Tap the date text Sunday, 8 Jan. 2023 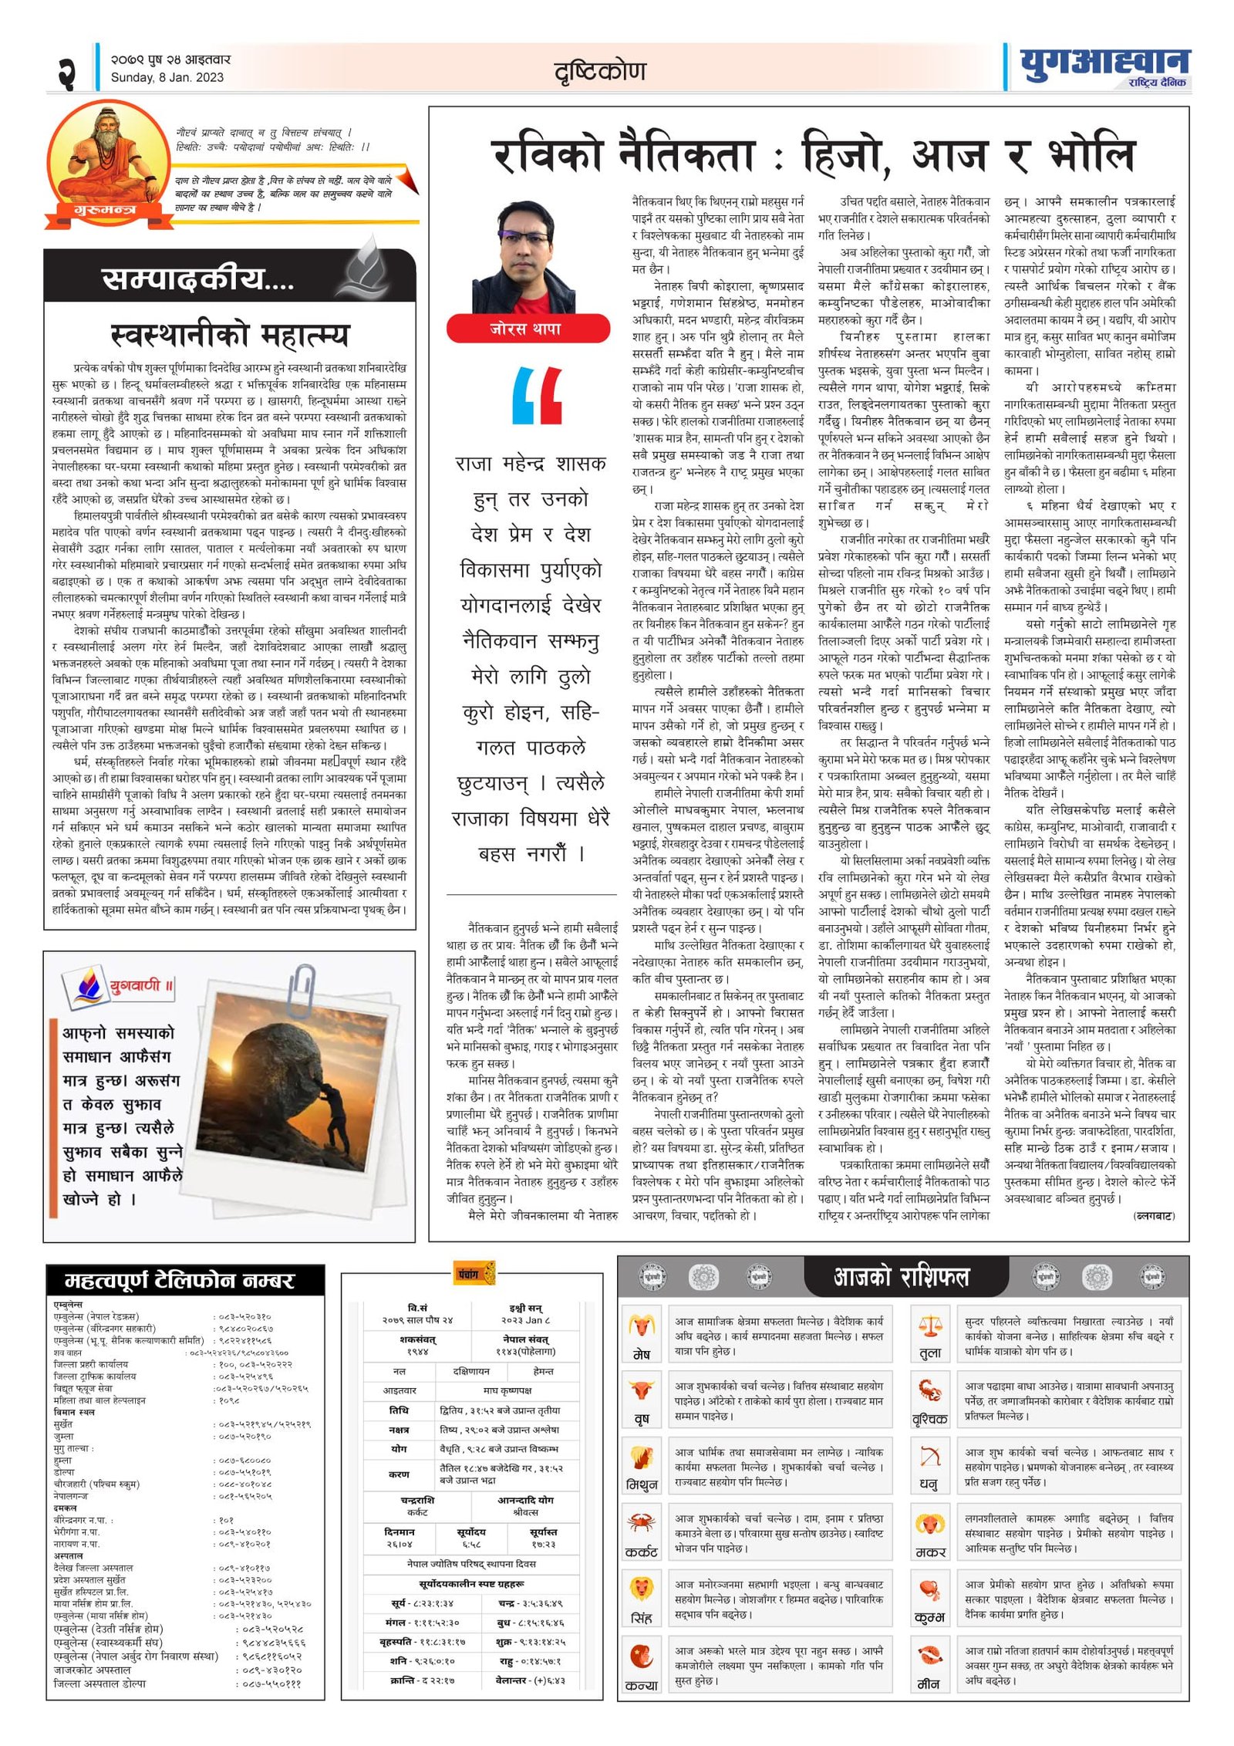(x=167, y=77)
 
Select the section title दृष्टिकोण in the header (x=600, y=72)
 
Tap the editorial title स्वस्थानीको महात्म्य (x=230, y=335)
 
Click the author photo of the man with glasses (x=524, y=257)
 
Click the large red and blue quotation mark (x=537, y=395)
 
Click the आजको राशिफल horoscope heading (x=901, y=1277)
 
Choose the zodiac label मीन (x=929, y=1684)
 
